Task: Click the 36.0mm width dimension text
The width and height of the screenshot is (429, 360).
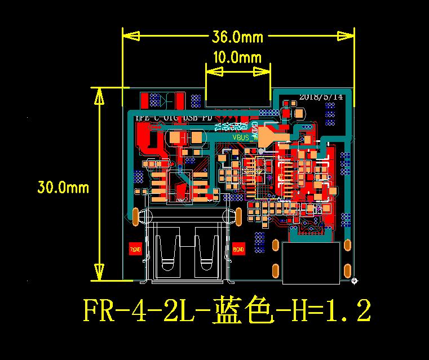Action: (237, 37)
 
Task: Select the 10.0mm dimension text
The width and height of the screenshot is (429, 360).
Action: (237, 57)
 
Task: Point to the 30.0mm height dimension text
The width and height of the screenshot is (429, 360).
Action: (63, 187)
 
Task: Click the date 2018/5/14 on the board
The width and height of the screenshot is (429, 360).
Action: (321, 96)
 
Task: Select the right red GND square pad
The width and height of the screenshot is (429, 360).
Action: (238, 248)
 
